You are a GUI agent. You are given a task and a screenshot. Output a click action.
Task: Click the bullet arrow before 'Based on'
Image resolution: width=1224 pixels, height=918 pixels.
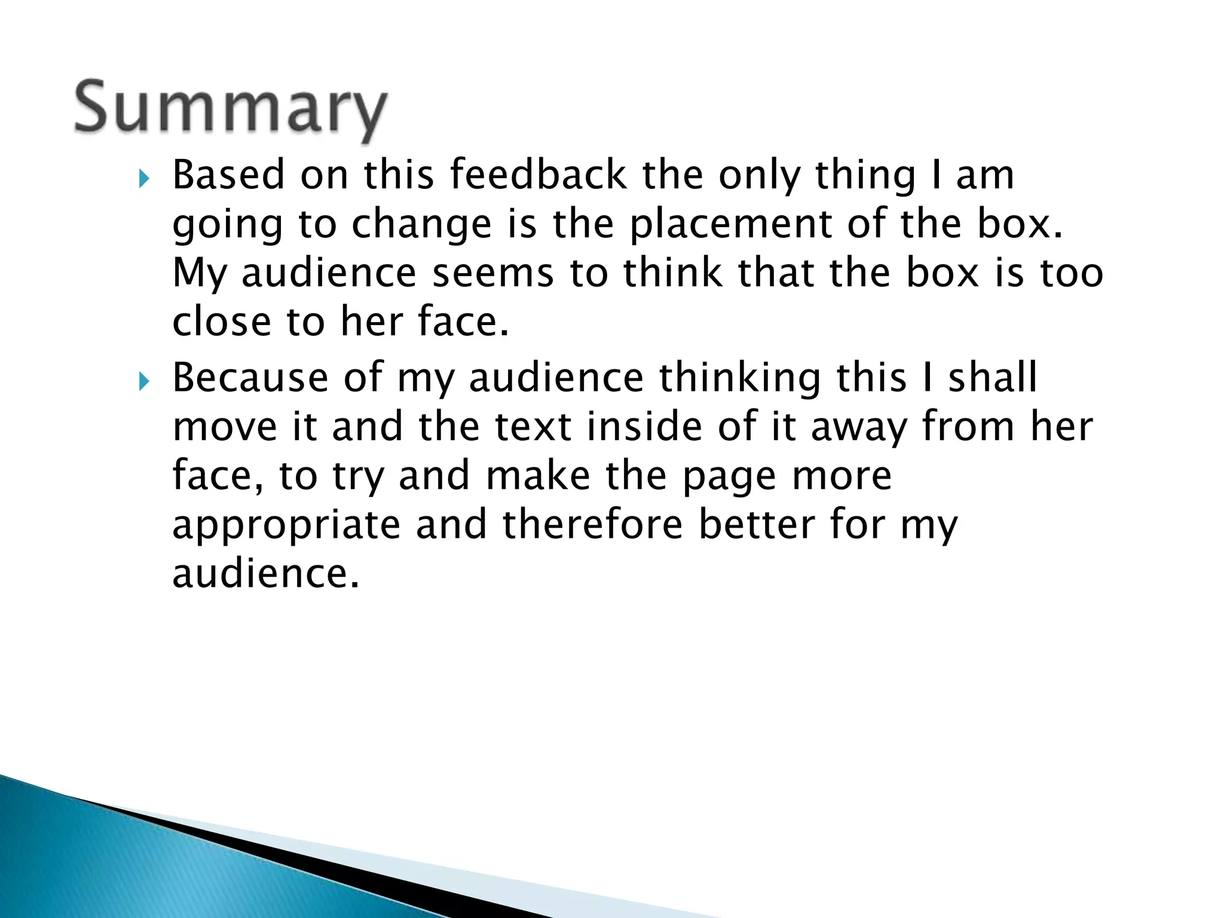click(x=143, y=178)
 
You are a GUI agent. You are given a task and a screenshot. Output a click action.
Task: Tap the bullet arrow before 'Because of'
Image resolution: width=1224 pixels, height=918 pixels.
click(x=143, y=381)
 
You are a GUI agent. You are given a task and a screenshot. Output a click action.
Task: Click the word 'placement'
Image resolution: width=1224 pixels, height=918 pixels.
click(x=730, y=225)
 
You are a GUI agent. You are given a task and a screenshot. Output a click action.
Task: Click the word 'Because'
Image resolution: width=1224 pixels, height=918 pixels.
click(x=250, y=378)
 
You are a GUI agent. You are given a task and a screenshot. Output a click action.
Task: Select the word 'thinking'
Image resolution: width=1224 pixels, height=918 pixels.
click(x=740, y=379)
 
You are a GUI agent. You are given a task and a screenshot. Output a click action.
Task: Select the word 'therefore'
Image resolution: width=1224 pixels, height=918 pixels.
click(x=592, y=525)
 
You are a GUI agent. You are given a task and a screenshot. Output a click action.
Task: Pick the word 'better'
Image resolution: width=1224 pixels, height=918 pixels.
click(x=756, y=525)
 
